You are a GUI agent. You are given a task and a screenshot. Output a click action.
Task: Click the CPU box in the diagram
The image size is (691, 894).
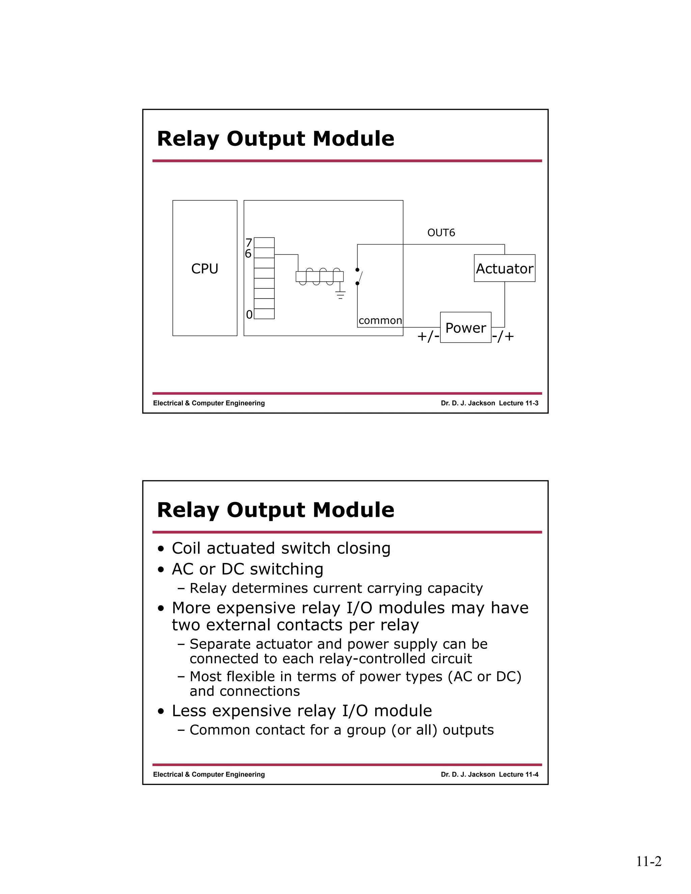coord(205,268)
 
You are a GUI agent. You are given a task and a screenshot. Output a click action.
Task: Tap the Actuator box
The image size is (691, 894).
coord(504,269)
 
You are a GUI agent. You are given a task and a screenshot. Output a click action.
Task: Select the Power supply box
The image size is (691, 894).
coord(465,328)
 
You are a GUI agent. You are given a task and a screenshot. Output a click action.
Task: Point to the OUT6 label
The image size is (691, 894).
coord(441,232)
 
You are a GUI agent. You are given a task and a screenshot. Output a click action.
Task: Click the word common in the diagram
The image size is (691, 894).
coord(380,320)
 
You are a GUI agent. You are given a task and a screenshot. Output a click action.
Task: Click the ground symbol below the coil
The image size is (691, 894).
coord(340,294)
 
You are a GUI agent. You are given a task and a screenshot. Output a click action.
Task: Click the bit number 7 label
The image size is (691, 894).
coord(248,243)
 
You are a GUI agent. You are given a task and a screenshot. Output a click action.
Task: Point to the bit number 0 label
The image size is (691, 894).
coord(249,314)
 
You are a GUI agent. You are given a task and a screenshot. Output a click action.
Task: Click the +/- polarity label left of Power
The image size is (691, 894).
coord(428,336)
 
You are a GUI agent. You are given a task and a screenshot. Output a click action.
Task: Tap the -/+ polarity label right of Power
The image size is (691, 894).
coord(503,336)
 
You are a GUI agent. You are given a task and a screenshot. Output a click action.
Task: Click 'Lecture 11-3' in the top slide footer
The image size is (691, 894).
coord(518,403)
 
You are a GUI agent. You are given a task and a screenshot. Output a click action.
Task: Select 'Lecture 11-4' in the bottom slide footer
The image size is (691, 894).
coord(518,775)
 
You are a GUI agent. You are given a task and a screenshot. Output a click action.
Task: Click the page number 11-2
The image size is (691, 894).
coord(648,861)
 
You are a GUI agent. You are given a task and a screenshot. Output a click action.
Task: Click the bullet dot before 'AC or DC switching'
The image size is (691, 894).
coord(162,570)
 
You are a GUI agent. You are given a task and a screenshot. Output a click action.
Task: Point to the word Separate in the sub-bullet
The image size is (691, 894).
coord(220,644)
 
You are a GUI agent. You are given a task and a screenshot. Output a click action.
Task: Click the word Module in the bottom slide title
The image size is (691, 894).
coord(353,510)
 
